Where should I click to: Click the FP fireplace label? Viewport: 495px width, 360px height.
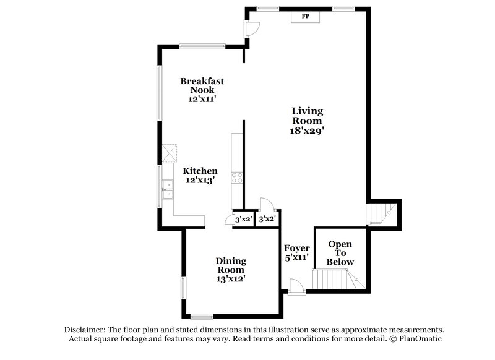pos(305,17)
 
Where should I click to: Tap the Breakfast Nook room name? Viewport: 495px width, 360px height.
pos(202,85)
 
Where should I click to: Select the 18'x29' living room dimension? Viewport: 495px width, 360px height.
pos(308,131)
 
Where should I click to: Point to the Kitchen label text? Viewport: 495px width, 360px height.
pos(199,171)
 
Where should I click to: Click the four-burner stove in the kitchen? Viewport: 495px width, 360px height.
pos(237,178)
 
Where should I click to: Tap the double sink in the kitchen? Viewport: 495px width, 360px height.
pos(167,190)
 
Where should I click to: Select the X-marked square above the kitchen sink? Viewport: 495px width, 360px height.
pos(170,152)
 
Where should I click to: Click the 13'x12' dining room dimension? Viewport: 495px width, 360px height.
pos(231,279)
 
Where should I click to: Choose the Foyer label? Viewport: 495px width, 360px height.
pos(297,248)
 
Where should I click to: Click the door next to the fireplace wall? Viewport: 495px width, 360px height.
pos(251,28)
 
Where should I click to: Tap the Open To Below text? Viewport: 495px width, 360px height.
pos(340,253)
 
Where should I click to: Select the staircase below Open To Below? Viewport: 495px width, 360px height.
pos(337,280)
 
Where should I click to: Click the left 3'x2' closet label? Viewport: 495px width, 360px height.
pos(243,219)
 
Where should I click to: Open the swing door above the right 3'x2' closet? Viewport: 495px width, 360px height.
pos(267,205)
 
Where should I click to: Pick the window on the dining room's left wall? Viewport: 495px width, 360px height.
pos(183,288)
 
